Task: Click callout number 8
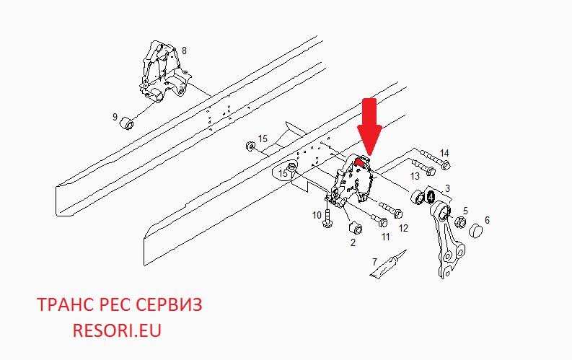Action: coord(184,51)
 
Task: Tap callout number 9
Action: coord(115,117)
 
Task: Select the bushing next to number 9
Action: coord(127,123)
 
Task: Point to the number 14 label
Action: coord(444,153)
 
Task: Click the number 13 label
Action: coord(415,177)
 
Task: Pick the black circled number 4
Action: coord(431,198)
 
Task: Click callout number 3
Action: coord(448,188)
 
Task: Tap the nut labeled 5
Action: coord(459,221)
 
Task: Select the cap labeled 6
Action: coord(475,231)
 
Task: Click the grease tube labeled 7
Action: coord(388,264)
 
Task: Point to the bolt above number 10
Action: coord(327,218)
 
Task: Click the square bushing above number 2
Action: coord(356,228)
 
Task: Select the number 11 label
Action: coord(386,237)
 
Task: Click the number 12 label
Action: coord(403,228)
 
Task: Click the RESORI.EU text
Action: coord(117,330)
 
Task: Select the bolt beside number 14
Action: coord(435,159)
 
